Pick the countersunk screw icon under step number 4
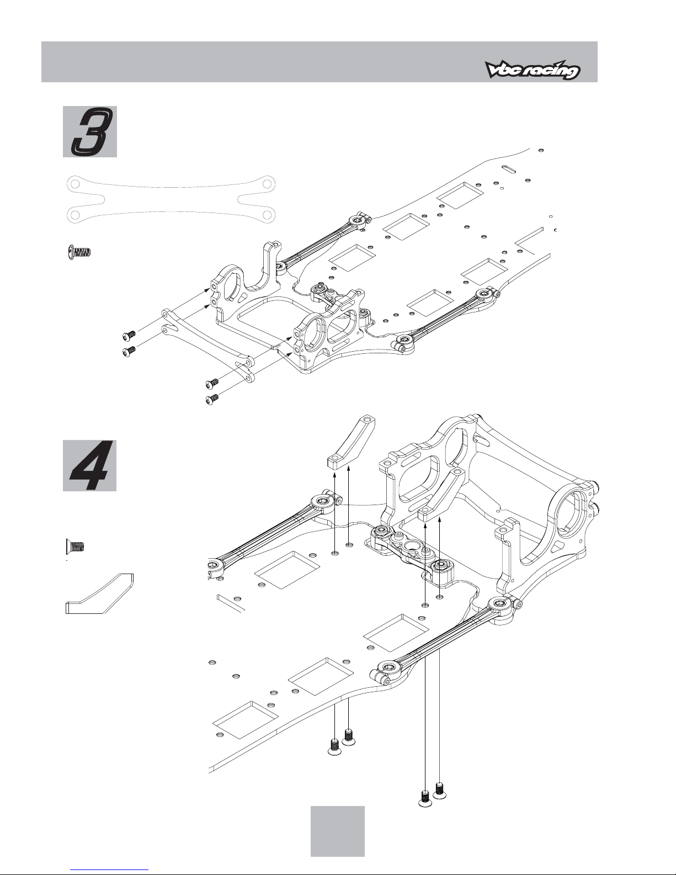75,547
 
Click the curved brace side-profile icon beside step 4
99,593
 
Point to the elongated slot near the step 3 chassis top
508,169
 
